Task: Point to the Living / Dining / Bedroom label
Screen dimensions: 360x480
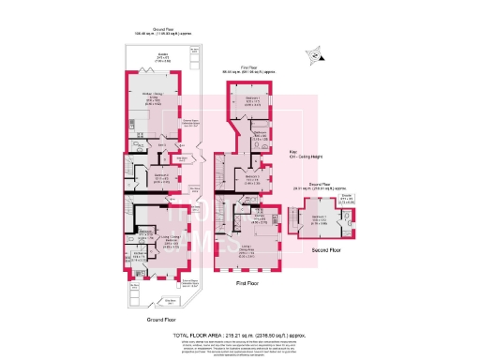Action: click(170, 238)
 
